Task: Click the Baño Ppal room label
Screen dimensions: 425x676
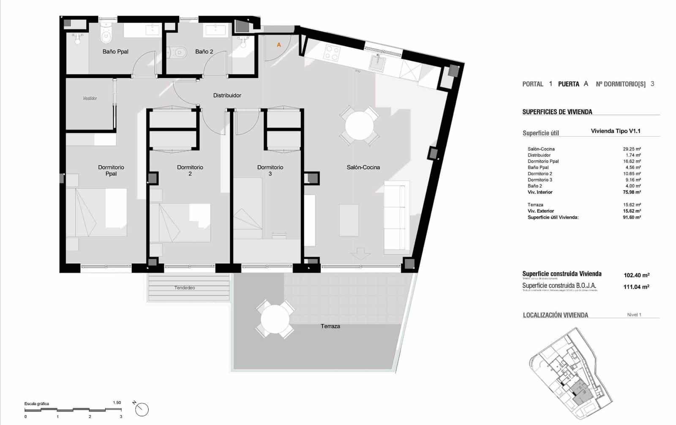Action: pos(115,52)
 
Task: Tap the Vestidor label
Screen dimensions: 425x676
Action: pos(90,98)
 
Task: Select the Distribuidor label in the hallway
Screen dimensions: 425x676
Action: pos(227,95)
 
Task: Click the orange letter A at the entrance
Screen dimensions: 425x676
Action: pos(279,45)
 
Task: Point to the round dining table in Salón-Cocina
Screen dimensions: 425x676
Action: pos(359,125)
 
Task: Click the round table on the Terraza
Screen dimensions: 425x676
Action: pos(275,319)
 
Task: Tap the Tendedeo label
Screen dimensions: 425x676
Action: pos(185,288)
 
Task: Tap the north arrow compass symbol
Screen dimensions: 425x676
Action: pos(142,409)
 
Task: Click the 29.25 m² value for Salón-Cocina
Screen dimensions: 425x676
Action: pos(632,149)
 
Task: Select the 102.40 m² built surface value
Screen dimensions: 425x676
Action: pos(636,275)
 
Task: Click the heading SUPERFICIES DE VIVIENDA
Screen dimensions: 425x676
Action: pos(557,112)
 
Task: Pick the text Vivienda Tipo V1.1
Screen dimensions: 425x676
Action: pos(615,131)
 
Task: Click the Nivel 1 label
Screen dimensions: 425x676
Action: pos(634,315)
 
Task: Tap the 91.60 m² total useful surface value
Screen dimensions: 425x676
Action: pos(632,217)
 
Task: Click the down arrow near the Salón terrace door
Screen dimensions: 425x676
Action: pos(360,254)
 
